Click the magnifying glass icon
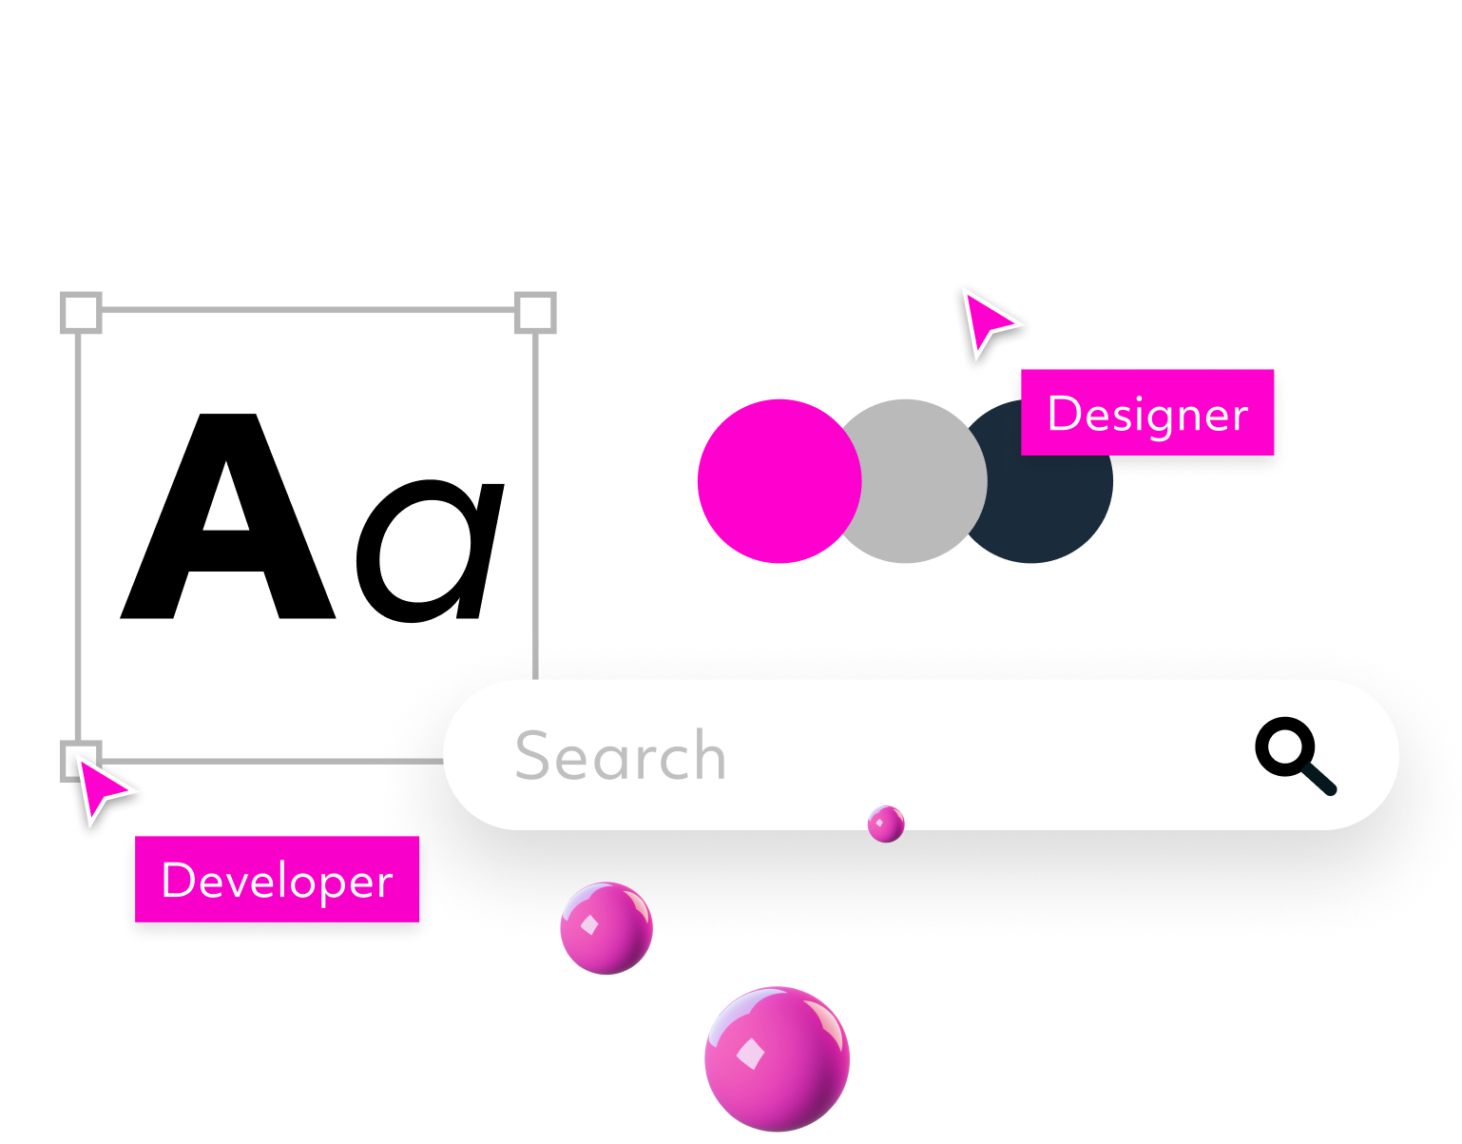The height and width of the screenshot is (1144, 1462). (x=1293, y=753)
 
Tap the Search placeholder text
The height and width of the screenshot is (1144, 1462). (x=620, y=756)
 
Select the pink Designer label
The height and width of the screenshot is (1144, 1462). (x=1147, y=413)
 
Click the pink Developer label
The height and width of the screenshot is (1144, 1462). (x=277, y=880)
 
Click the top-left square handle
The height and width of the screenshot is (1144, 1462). (x=81, y=312)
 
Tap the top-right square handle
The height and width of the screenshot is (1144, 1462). (x=535, y=312)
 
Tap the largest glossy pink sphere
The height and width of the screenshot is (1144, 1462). (x=777, y=1058)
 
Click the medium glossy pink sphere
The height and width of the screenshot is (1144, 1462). (x=606, y=928)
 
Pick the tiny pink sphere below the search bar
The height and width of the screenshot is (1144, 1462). (x=886, y=824)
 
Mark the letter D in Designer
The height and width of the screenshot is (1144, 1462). (x=1063, y=413)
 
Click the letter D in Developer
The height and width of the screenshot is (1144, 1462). (x=177, y=880)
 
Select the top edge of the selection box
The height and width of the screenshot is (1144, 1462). (x=308, y=310)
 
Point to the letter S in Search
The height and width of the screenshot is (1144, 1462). (x=533, y=756)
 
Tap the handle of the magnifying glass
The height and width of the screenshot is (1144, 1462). (x=1320, y=779)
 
